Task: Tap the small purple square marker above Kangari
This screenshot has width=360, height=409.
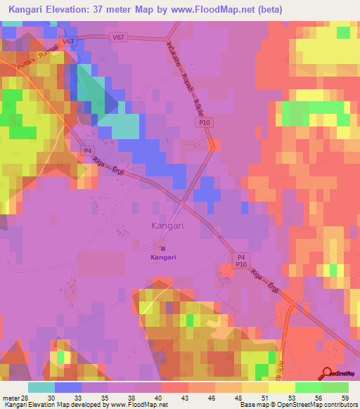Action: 163,247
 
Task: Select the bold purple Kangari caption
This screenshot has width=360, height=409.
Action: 163,257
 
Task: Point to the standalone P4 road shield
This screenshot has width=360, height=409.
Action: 88,150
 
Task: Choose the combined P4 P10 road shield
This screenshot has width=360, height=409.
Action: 240,261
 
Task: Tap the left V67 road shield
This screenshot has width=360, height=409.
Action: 68,42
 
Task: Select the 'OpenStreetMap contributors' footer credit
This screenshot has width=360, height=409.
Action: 313,405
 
